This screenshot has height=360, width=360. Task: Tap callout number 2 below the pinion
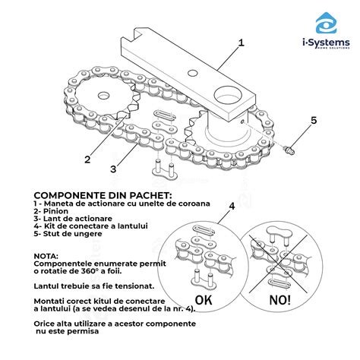click(88, 159)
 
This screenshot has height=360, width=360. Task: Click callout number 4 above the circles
click(231, 206)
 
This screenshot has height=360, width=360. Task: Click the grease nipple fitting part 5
click(289, 150)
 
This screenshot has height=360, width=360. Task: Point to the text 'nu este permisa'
click(68, 330)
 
